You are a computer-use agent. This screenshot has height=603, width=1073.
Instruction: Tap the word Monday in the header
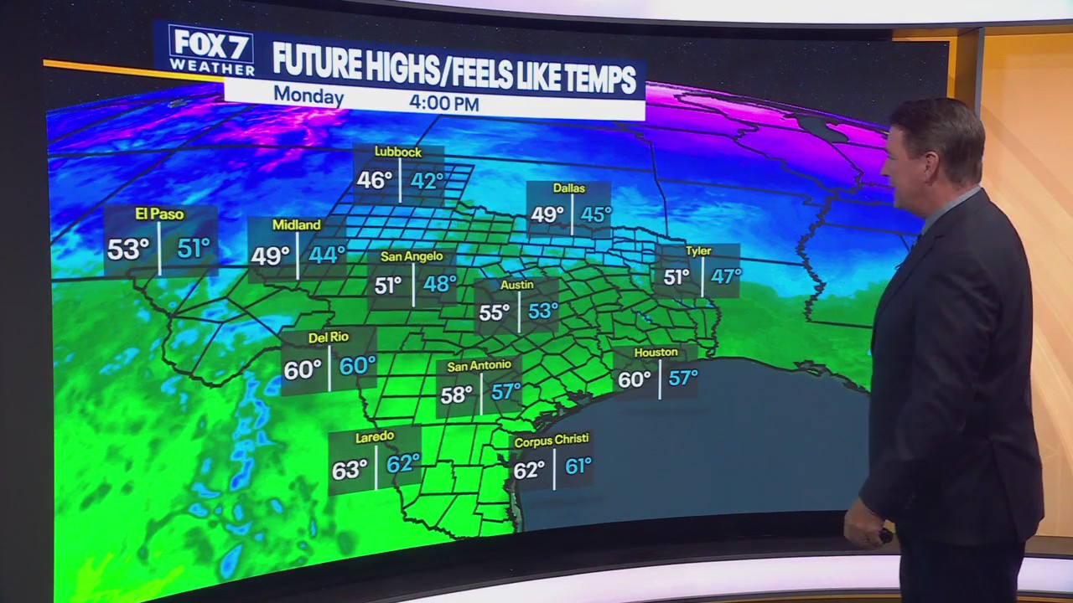tap(308, 96)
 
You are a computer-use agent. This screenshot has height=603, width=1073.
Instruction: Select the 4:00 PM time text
tap(443, 104)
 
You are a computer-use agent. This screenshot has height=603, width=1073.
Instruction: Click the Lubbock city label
tap(397, 152)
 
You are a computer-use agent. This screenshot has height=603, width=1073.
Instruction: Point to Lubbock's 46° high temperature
tap(374, 180)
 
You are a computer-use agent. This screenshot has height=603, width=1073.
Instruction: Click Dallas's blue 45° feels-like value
tap(596, 214)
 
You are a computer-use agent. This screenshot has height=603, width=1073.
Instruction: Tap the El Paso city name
tap(159, 214)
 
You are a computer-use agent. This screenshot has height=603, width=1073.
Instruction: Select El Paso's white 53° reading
tap(128, 249)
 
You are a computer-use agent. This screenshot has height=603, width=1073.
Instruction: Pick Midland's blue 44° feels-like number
tap(326, 255)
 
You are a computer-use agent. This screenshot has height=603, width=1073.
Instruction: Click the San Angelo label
tap(412, 256)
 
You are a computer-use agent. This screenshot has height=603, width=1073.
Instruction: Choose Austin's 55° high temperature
tap(494, 313)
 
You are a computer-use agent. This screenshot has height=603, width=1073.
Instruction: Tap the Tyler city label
tap(697, 250)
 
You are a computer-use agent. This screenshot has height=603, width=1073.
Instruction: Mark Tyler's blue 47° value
tap(725, 276)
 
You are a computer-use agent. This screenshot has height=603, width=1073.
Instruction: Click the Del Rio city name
tap(328, 337)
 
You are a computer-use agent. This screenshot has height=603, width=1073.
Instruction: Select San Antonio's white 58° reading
tap(456, 394)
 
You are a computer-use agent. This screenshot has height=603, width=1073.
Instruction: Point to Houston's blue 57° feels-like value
tap(682, 378)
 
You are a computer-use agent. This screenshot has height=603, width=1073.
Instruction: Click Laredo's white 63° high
tap(350, 470)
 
